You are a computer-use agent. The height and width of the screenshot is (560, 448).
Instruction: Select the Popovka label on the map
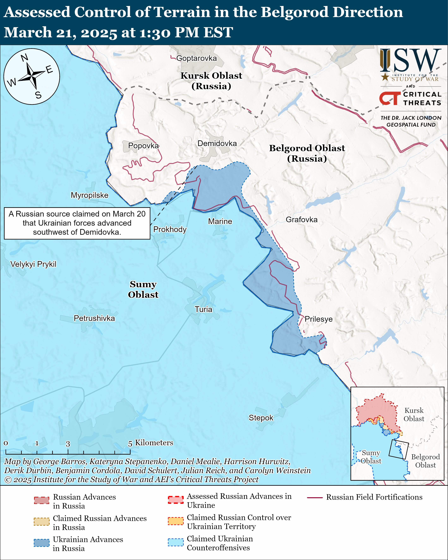point(143,146)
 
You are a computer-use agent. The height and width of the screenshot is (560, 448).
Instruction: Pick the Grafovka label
point(302,220)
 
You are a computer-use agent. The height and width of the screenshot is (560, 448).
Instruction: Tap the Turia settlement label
point(203,309)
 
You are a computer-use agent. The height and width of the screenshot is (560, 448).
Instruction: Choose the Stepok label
point(261,418)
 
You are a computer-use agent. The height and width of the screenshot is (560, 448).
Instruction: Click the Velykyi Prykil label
point(33,264)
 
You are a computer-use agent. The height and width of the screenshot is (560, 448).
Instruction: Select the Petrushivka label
point(94,318)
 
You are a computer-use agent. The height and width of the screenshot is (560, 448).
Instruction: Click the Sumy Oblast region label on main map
point(143,289)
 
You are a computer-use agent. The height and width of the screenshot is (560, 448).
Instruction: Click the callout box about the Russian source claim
point(77,223)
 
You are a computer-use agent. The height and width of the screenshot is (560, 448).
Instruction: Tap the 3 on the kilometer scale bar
point(68,444)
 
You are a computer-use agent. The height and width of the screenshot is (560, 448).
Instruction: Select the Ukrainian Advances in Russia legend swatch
point(42,543)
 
